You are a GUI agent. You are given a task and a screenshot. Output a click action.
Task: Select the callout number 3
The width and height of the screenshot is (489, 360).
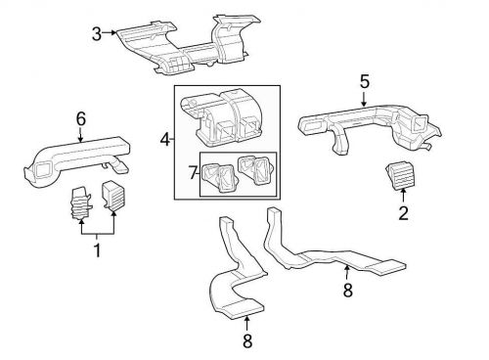point(97,34)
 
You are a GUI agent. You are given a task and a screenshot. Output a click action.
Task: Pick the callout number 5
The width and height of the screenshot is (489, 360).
point(364,82)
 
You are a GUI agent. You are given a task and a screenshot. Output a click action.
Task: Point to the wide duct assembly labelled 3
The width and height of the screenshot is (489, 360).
point(186,49)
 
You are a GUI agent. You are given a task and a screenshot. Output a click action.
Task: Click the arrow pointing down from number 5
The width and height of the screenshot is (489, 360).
point(364,99)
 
